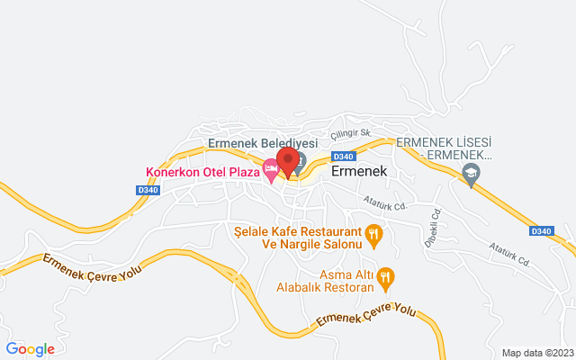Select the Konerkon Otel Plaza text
tap(202, 172)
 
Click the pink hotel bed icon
tap(270, 170)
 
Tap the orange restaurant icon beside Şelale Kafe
tap(376, 237)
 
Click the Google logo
tap(30, 349)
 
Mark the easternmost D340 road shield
tap(540, 231)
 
